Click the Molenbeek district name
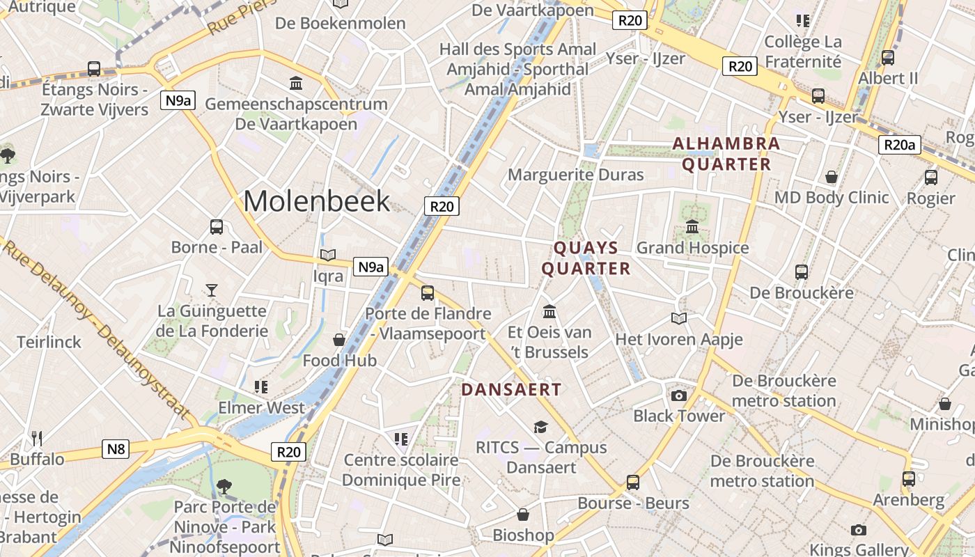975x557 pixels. (x=317, y=201)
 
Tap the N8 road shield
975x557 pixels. (x=116, y=449)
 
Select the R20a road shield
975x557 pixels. (x=899, y=145)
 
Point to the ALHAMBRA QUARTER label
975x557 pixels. (x=726, y=154)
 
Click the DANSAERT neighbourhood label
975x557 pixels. (x=511, y=390)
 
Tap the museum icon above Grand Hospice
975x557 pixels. (x=692, y=227)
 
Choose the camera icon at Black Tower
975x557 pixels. (x=678, y=396)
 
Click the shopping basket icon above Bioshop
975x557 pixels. (x=523, y=515)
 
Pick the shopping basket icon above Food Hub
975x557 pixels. (x=339, y=340)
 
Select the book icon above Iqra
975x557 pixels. (x=327, y=256)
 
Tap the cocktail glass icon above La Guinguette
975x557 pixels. (x=212, y=290)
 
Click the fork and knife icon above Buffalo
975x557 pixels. (x=37, y=438)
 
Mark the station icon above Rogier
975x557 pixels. (x=931, y=178)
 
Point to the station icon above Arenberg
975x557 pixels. (x=909, y=479)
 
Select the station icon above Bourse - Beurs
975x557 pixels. (x=633, y=482)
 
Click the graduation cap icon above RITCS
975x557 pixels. (x=540, y=427)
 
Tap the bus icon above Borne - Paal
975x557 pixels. (x=217, y=226)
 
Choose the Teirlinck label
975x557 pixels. (x=49, y=342)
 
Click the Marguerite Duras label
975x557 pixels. (x=575, y=174)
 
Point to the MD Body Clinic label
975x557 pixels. (x=832, y=198)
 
